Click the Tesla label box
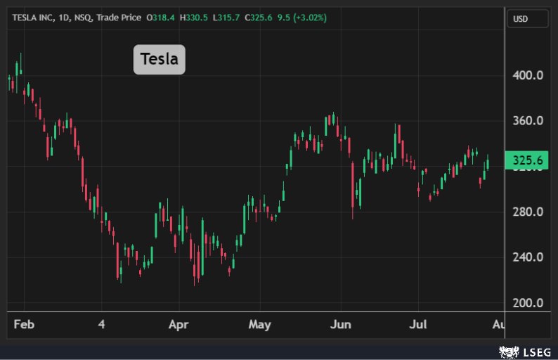point(160,59)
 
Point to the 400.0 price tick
point(528,75)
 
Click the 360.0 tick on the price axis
point(528,121)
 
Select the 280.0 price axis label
point(528,212)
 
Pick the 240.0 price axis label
point(528,257)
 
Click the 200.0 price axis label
point(528,303)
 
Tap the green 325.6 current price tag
point(527,161)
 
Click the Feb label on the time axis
point(24,325)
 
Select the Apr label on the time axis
point(179,325)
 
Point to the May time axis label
point(260,325)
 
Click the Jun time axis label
point(341,325)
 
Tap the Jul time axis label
point(419,325)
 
